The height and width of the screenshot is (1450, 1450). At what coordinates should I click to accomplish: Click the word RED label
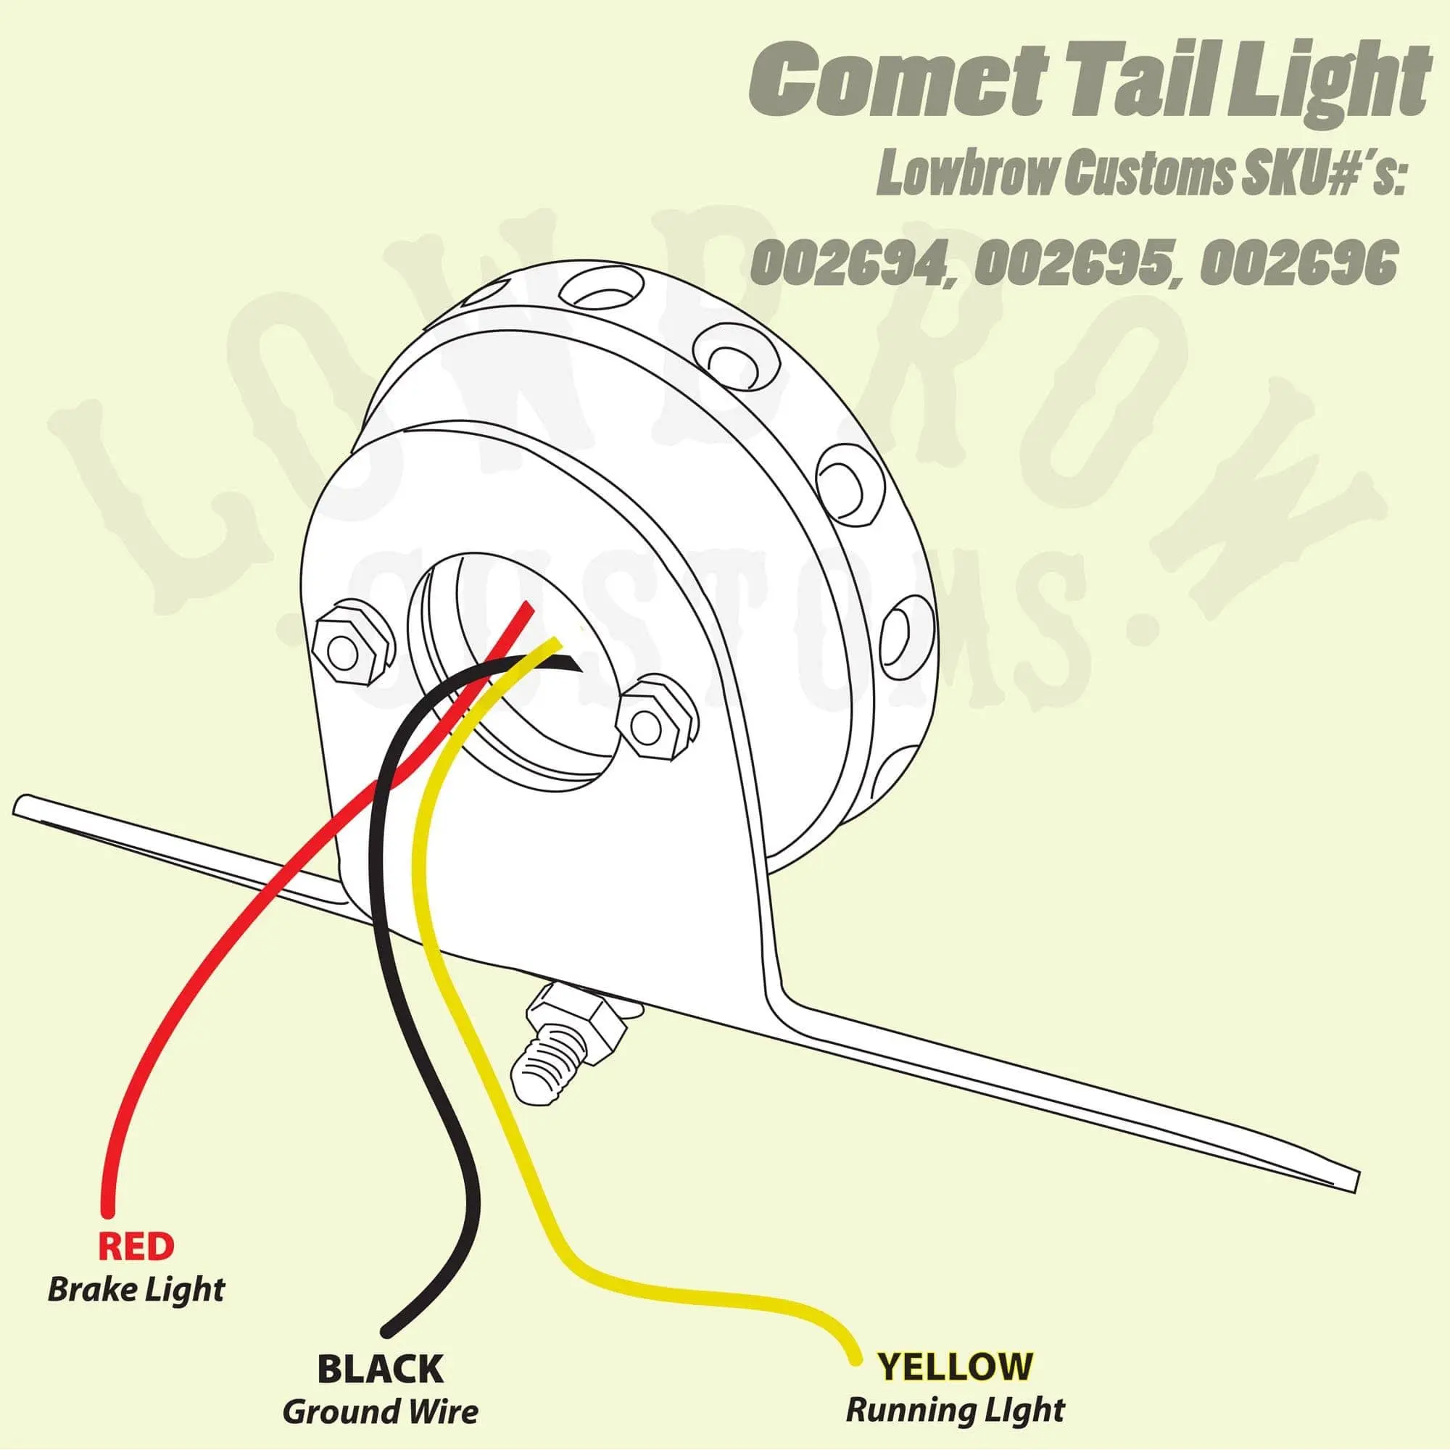(136, 1246)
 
